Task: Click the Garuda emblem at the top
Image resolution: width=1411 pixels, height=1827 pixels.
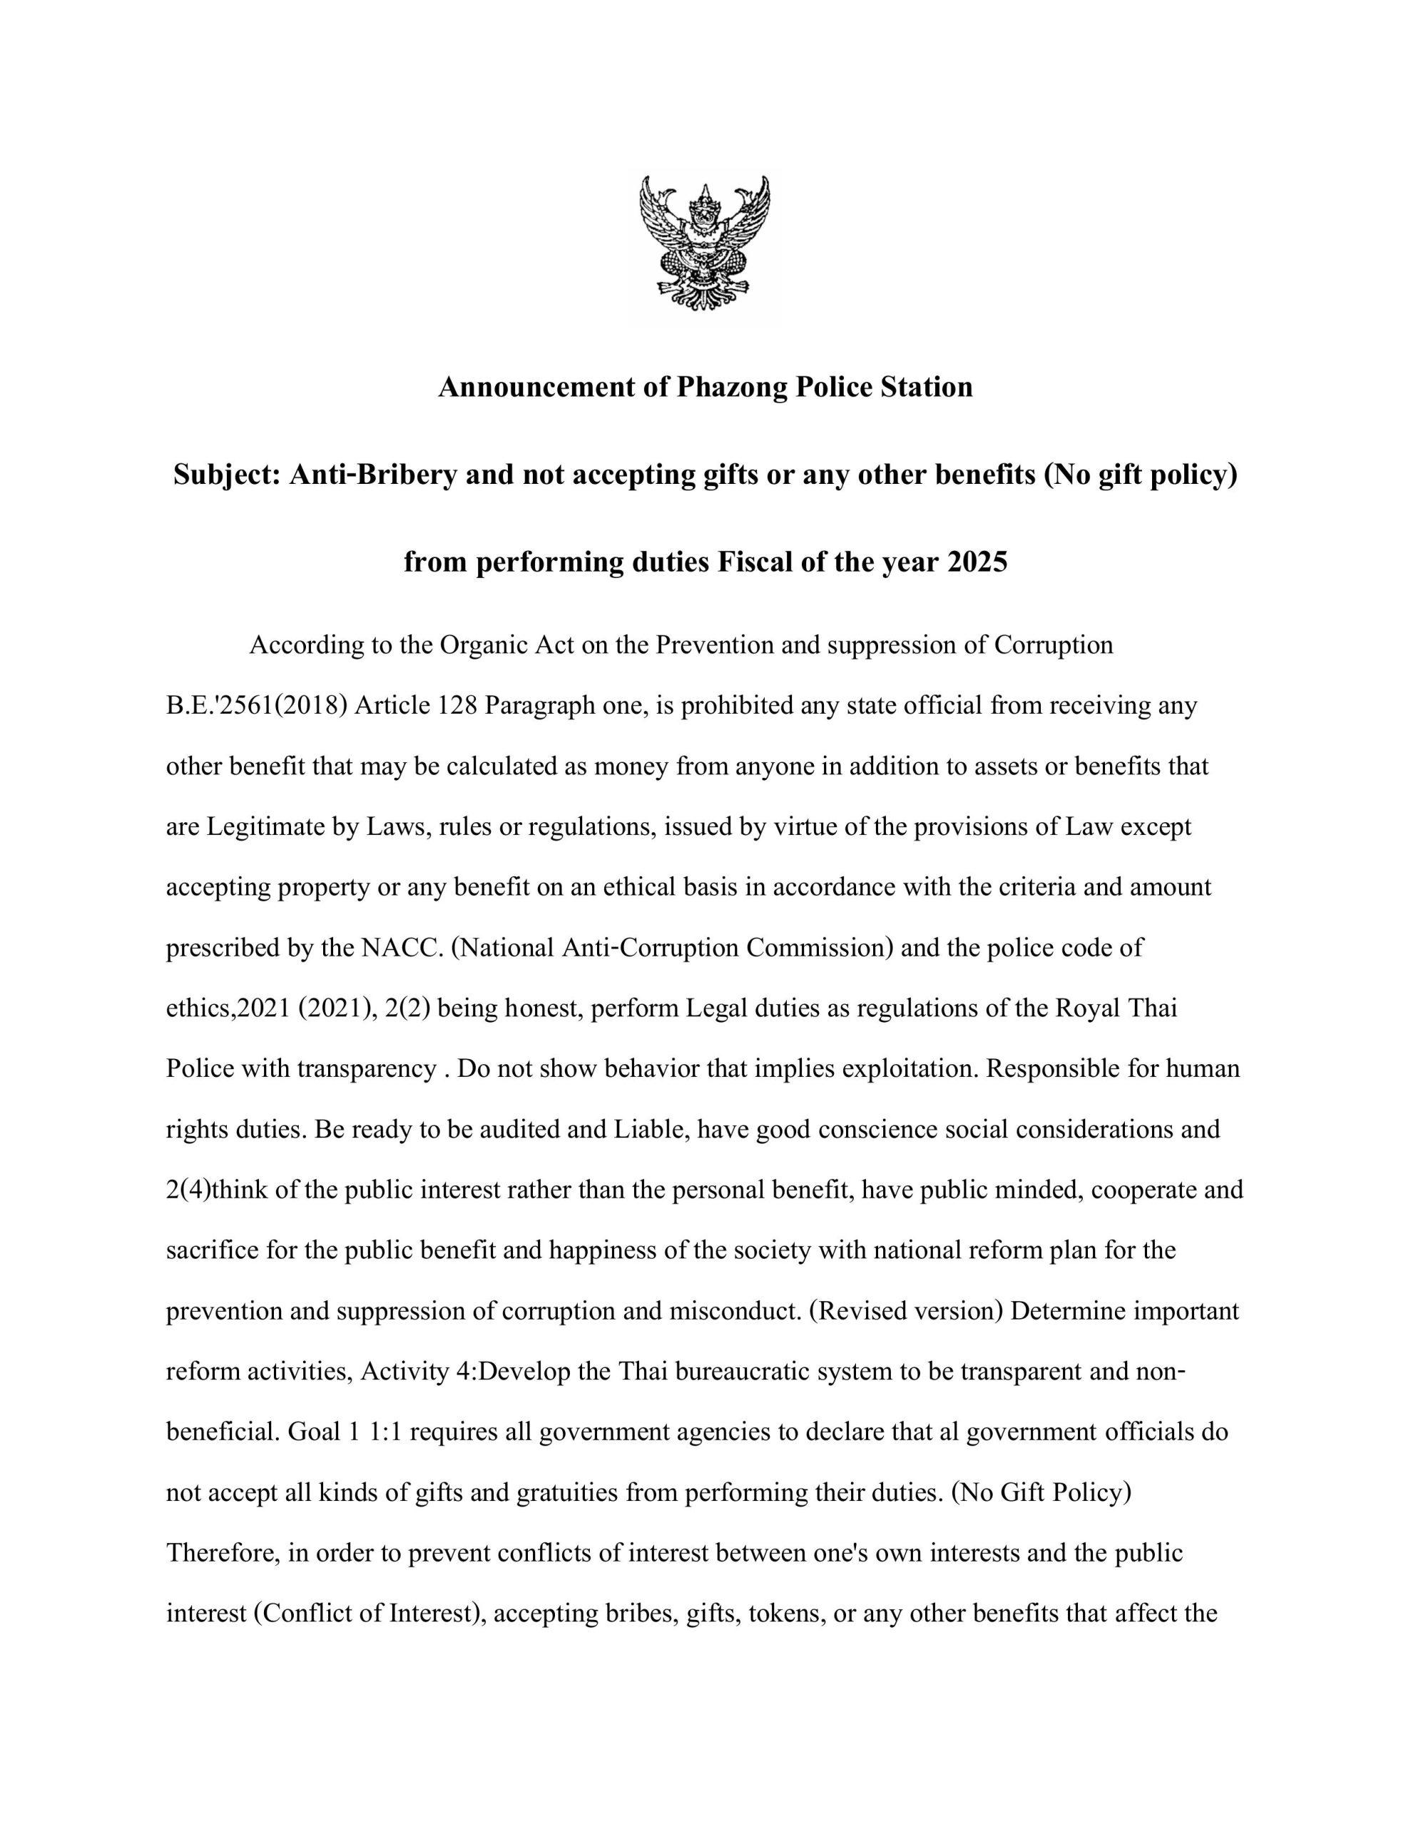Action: [x=704, y=243]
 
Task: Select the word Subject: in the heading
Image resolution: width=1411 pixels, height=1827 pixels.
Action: [x=227, y=475]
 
